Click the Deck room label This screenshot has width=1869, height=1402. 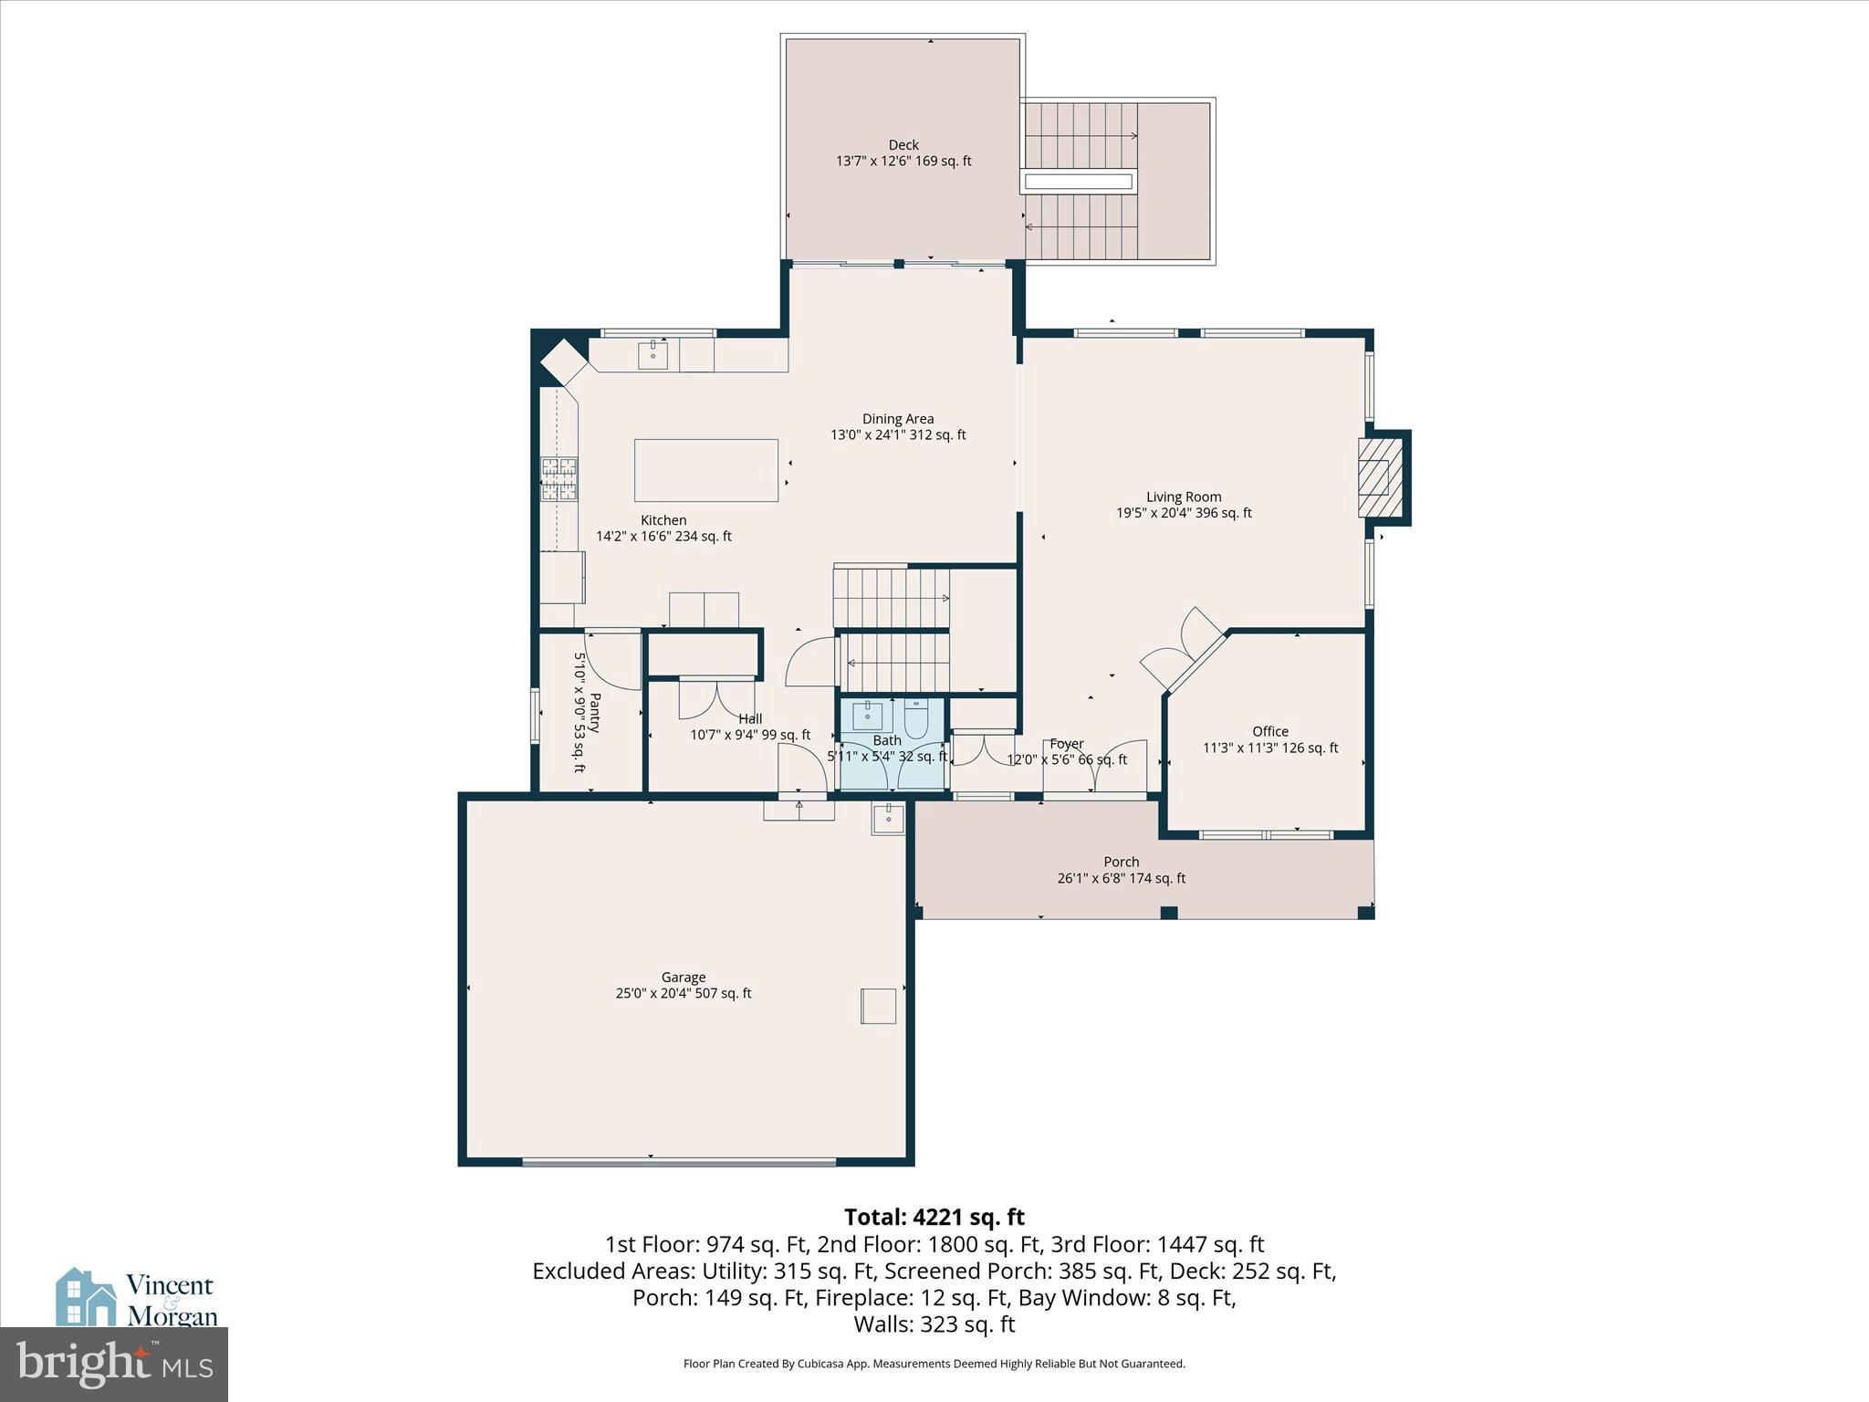(x=903, y=145)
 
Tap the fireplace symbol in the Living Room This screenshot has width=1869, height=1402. (x=1376, y=476)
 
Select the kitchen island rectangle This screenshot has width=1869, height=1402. (x=706, y=470)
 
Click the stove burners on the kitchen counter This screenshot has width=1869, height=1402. (x=559, y=479)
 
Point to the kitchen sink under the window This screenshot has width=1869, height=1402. (x=653, y=353)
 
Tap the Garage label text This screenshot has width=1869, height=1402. (x=684, y=978)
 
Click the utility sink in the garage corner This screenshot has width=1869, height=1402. (x=888, y=819)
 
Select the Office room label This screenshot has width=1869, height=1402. (x=1270, y=731)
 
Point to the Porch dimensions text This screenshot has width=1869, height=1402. (x=1121, y=878)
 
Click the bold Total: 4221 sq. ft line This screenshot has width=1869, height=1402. (x=934, y=1217)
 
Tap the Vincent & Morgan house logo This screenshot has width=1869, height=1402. (x=87, y=1296)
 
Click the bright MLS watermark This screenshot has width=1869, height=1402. (x=114, y=1365)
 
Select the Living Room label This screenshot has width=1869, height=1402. (x=1184, y=497)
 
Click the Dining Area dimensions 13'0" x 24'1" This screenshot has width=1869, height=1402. (x=898, y=435)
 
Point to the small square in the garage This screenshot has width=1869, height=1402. (x=878, y=1006)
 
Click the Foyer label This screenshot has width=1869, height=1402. (x=1066, y=744)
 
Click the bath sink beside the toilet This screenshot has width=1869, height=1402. (x=867, y=717)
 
